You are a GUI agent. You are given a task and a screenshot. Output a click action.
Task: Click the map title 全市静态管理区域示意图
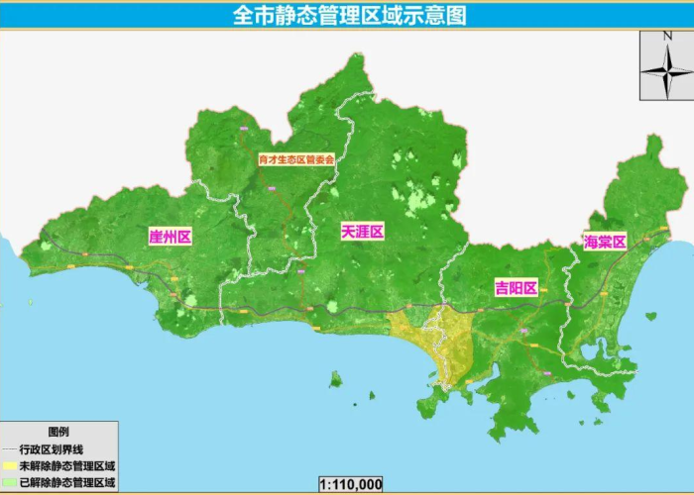pyautogui.click(x=348, y=16)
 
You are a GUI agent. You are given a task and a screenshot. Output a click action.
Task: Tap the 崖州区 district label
pyautogui.click(x=169, y=237)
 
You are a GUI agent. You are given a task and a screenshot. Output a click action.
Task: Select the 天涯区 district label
pyautogui.click(x=362, y=231)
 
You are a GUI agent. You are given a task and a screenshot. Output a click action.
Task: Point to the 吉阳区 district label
pyautogui.click(x=516, y=288)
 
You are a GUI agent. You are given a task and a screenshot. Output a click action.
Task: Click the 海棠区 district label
pyautogui.click(x=605, y=242)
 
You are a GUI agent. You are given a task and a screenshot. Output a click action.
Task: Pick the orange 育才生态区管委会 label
pyautogui.click(x=296, y=158)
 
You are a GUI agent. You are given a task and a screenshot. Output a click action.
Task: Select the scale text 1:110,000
pyautogui.click(x=350, y=484)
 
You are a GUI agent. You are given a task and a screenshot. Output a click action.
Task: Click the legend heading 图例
pyautogui.click(x=58, y=433)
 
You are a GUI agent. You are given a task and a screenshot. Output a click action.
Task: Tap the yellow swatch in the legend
pyautogui.click(x=10, y=465)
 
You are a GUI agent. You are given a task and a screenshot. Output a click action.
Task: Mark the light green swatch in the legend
pyautogui.click(x=10, y=482)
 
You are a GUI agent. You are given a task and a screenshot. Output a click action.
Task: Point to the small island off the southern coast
pyautogui.click(x=336, y=378)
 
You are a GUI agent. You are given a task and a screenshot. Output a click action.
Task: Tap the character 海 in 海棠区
pyautogui.click(x=591, y=242)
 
